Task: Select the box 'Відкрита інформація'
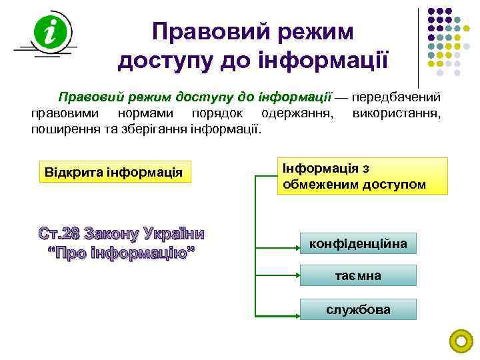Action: pos(114,173)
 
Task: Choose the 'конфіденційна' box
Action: pos(358,244)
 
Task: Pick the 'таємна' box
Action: pos(358,276)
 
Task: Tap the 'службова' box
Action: pos(358,309)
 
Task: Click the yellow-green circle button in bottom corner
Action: pos(461,341)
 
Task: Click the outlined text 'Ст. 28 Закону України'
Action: pos(121,234)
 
